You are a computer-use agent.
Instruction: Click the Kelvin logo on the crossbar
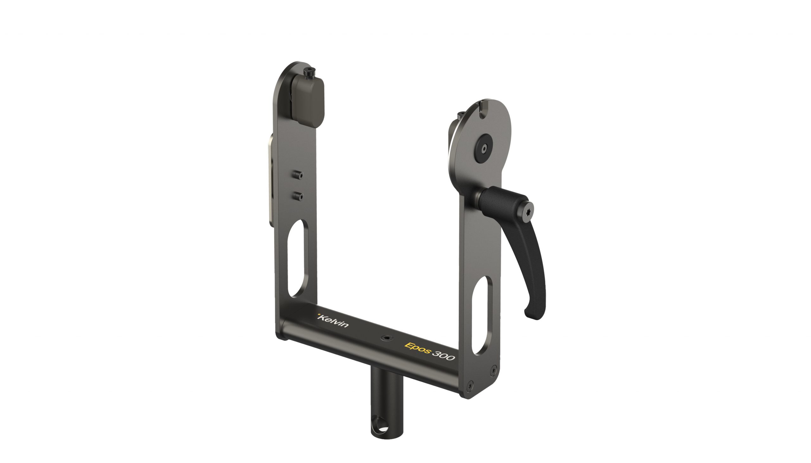(x=333, y=321)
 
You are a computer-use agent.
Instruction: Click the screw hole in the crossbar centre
(x=387, y=338)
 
